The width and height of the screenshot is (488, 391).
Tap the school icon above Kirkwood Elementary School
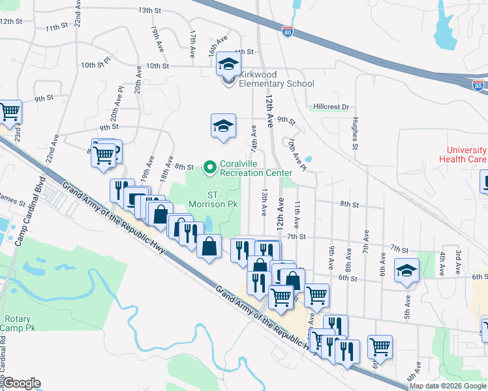point(228,64)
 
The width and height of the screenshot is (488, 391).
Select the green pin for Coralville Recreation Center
point(209,167)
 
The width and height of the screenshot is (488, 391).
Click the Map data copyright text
point(448,386)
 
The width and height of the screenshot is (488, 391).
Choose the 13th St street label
point(149,10)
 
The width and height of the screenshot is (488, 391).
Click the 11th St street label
point(57,27)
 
